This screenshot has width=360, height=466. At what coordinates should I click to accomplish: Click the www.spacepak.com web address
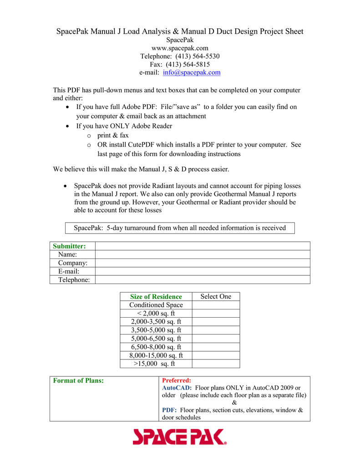[180, 48]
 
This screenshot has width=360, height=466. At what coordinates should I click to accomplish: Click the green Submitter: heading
[69, 246]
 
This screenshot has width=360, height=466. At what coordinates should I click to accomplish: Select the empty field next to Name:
[202, 255]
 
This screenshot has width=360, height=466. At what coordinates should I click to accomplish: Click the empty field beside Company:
[202, 263]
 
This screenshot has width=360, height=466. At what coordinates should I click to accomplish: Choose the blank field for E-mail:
[202, 271]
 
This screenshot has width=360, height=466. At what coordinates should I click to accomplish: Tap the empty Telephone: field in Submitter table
[202, 280]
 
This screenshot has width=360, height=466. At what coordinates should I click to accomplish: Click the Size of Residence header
[156, 297]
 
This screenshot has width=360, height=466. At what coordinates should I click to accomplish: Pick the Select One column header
[216, 297]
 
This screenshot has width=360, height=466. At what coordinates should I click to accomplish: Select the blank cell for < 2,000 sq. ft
[216, 314]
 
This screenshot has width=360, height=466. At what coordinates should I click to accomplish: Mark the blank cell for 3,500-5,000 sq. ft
[216, 330]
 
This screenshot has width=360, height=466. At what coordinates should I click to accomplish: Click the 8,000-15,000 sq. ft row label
[156, 355]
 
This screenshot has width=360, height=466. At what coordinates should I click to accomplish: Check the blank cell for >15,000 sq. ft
[216, 364]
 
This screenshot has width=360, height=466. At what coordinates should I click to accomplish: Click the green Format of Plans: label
[78, 380]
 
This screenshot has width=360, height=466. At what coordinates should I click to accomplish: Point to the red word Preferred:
[177, 380]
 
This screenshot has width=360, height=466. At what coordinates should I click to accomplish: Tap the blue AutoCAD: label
[177, 388]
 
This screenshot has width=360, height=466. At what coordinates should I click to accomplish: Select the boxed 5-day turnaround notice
[180, 228]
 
